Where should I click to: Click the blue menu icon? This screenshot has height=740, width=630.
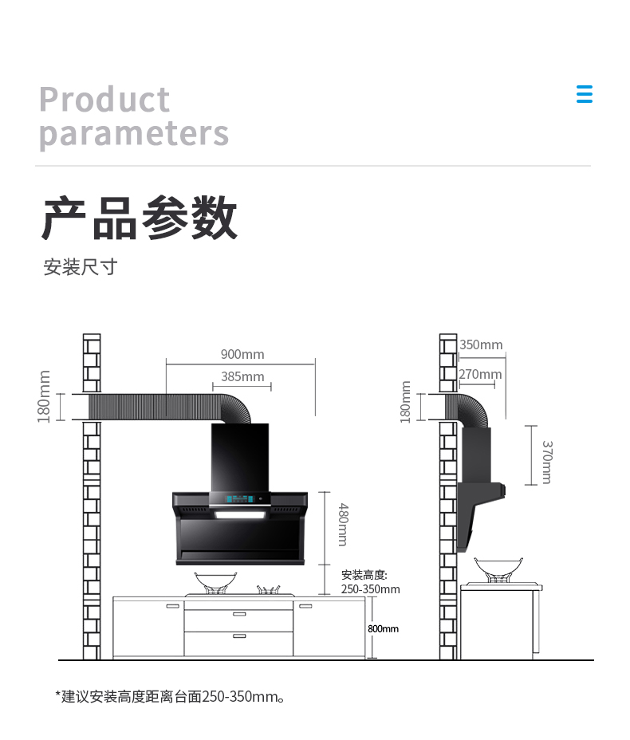(585, 94)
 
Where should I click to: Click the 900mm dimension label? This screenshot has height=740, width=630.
(242, 354)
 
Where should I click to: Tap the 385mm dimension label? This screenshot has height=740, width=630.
(242, 376)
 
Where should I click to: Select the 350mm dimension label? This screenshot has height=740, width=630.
(481, 344)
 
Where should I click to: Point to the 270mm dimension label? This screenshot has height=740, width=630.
(480, 374)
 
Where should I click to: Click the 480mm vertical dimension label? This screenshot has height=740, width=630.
(344, 525)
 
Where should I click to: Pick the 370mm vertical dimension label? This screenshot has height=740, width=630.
(547, 462)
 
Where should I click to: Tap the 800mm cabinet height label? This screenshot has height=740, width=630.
(384, 628)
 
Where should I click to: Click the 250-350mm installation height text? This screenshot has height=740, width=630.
(371, 589)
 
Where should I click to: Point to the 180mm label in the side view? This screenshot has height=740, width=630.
(405, 402)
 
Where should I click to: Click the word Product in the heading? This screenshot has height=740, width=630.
(104, 99)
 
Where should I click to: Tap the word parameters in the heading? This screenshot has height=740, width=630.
(134, 133)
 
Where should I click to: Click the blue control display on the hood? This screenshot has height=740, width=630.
(241, 499)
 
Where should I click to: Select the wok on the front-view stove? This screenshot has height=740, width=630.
(215, 582)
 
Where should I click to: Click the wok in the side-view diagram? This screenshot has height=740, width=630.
(498, 569)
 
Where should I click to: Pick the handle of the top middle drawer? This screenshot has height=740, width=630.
(239, 614)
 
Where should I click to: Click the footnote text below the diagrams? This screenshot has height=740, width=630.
(170, 697)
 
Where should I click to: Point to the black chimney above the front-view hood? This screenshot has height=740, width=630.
(240, 458)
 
